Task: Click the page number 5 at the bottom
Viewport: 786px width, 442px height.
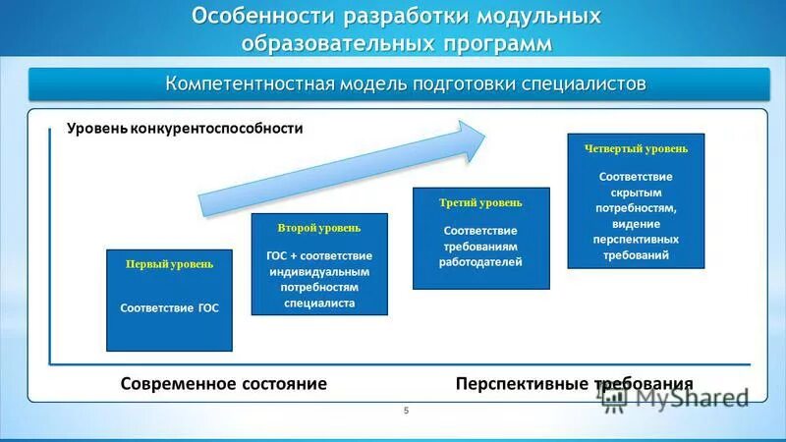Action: [x=406, y=411]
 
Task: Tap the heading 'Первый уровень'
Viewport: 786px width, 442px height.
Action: [x=169, y=264]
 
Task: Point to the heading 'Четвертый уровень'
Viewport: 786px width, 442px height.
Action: [x=636, y=148]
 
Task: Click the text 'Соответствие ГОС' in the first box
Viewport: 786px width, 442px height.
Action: [x=169, y=307]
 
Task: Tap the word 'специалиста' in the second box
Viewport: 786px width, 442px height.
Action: [x=319, y=304]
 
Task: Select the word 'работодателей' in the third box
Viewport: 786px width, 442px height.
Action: [x=481, y=262]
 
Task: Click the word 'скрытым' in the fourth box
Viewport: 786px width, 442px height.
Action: [x=636, y=193]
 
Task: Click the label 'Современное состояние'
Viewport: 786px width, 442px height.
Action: [x=224, y=383]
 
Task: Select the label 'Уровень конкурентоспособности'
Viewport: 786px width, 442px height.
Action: [x=185, y=128]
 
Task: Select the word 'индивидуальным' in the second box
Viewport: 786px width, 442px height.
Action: [x=319, y=271]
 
